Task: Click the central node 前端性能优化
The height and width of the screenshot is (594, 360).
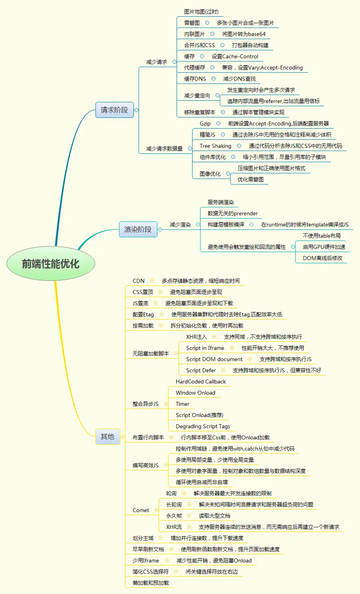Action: click(x=51, y=264)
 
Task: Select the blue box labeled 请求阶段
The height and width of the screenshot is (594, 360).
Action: click(x=114, y=110)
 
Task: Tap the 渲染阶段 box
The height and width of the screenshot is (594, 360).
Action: click(x=138, y=229)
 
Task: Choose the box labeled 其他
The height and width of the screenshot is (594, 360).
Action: click(x=107, y=437)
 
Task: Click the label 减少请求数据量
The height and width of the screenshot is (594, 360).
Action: click(x=164, y=149)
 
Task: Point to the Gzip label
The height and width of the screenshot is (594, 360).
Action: click(x=205, y=123)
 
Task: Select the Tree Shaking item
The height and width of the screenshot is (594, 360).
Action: click(x=215, y=146)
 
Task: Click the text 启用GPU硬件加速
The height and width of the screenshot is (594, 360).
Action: click(x=324, y=247)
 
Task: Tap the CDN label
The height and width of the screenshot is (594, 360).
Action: click(x=139, y=281)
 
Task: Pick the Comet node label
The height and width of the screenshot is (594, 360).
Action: click(x=141, y=510)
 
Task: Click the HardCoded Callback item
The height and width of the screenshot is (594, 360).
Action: click(x=201, y=381)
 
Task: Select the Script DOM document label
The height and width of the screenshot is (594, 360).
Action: click(x=214, y=359)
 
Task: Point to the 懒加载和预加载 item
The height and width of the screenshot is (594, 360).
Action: click(x=151, y=583)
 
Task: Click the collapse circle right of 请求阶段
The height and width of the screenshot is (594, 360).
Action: click(x=136, y=110)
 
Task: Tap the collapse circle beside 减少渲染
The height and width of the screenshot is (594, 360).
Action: click(x=197, y=224)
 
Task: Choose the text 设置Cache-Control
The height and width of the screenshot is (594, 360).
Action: click(x=235, y=56)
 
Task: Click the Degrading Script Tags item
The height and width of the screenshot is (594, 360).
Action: click(x=203, y=426)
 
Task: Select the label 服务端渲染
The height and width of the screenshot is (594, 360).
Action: click(x=221, y=202)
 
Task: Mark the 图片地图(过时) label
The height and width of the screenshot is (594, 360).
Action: click(x=201, y=12)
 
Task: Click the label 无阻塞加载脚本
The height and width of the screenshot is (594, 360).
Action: click(x=151, y=354)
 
